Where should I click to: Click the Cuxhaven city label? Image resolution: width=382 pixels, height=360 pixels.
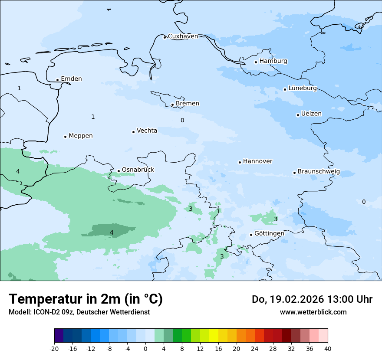(183, 36)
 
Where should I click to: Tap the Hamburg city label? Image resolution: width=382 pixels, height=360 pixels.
(273, 61)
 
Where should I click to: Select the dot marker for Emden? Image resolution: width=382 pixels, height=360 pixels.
(57, 80)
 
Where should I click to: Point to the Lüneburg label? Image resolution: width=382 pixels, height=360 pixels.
(302, 88)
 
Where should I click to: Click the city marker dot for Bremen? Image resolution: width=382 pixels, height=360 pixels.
(172, 105)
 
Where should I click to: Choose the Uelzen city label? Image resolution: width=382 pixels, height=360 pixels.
(311, 114)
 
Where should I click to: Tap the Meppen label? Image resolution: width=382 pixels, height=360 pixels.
(80, 136)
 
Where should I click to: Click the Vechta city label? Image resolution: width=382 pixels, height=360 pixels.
(147, 131)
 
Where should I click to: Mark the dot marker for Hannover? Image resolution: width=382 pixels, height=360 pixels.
(240, 162)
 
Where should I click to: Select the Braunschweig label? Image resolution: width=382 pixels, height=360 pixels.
(318, 172)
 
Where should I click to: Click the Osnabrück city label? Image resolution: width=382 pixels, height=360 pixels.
(138, 170)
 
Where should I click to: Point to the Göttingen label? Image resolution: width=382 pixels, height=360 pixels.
(269, 233)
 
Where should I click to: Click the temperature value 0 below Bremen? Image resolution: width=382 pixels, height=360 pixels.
(182, 120)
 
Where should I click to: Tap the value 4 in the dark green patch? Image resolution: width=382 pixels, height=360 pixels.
(112, 232)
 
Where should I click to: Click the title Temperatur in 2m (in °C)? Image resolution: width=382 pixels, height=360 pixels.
(86, 299)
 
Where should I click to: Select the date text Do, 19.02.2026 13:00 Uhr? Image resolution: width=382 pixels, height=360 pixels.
(312, 299)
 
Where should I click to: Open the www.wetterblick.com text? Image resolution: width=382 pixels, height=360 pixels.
(313, 312)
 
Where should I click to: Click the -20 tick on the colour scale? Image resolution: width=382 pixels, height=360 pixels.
(54, 348)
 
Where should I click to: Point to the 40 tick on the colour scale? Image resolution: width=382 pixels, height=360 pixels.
(327, 348)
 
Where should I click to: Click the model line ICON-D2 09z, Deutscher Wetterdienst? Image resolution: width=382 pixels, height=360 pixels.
(79, 312)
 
